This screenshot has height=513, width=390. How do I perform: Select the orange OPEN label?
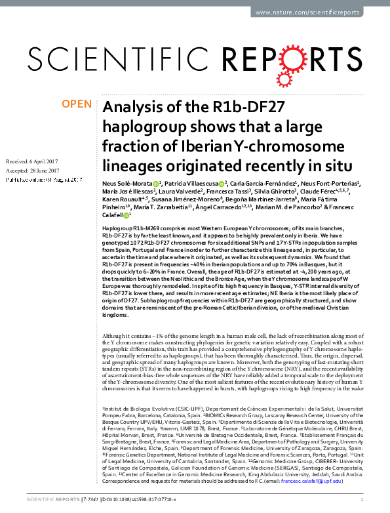click(x=77, y=104)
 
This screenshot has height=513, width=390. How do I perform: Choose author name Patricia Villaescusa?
click(x=192, y=184)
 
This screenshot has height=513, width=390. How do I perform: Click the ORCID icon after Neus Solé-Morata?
click(x=156, y=184)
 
